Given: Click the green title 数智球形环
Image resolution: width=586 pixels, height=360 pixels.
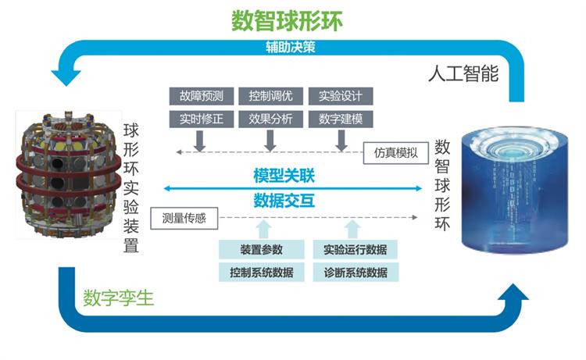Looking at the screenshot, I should click(x=287, y=20).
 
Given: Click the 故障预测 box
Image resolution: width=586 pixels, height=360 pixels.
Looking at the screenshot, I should click(x=200, y=97).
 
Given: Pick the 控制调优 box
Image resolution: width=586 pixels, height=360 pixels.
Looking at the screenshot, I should click(x=270, y=97).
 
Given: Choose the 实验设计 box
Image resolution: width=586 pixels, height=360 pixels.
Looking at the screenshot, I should click(x=341, y=97).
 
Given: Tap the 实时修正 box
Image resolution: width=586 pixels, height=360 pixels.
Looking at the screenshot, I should click(x=200, y=119).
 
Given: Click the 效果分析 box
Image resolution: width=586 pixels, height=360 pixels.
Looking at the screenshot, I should click(x=270, y=119).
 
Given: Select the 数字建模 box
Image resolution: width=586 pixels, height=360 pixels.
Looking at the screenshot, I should click(x=341, y=119).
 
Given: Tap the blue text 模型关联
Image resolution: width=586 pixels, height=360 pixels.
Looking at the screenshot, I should click(x=284, y=174).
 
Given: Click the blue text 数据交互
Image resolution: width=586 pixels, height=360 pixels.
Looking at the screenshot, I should click(x=284, y=200).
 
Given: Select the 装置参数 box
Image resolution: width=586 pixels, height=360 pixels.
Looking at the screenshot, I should click(x=262, y=250).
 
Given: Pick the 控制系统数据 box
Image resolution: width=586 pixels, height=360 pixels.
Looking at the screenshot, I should click(x=262, y=273).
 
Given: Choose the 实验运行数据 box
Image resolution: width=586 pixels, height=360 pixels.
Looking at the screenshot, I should click(x=356, y=250).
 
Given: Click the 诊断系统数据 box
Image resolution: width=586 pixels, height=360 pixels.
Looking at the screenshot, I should click(x=356, y=273).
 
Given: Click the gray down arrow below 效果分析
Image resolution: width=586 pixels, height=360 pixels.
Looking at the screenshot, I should click(x=270, y=141).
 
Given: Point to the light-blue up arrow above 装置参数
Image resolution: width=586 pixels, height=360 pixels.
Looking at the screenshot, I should click(x=264, y=229).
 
